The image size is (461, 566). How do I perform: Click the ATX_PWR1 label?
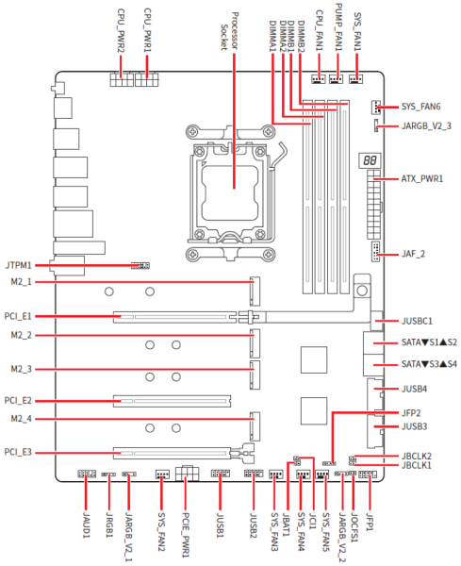click(x=422, y=178)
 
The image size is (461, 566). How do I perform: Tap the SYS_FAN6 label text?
click(x=421, y=107)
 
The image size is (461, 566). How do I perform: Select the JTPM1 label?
click(x=18, y=265)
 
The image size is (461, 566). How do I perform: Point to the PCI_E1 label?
click(x=18, y=316)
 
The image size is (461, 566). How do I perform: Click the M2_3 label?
click(x=22, y=369)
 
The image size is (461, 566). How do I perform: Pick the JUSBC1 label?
click(x=417, y=321)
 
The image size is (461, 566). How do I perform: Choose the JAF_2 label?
click(x=413, y=254)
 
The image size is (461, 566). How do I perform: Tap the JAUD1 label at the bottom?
click(x=86, y=524)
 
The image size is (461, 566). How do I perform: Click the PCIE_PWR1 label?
click(x=186, y=535)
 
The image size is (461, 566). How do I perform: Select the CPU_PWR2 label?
click(x=121, y=31)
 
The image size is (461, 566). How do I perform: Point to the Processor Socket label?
click(x=229, y=31)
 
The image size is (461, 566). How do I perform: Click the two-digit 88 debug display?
click(x=370, y=160)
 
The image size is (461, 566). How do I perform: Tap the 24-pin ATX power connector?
click(x=373, y=205)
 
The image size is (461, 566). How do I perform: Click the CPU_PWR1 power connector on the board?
click(x=146, y=79)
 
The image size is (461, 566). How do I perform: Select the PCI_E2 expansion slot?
click(x=173, y=401)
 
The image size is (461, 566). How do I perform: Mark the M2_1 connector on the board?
click(x=255, y=291)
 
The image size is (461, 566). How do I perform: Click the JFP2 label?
click(x=411, y=413)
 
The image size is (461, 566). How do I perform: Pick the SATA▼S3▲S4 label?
click(x=429, y=364)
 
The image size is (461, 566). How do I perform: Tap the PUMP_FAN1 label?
click(x=339, y=27)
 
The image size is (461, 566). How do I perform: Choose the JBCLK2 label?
click(x=417, y=457)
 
